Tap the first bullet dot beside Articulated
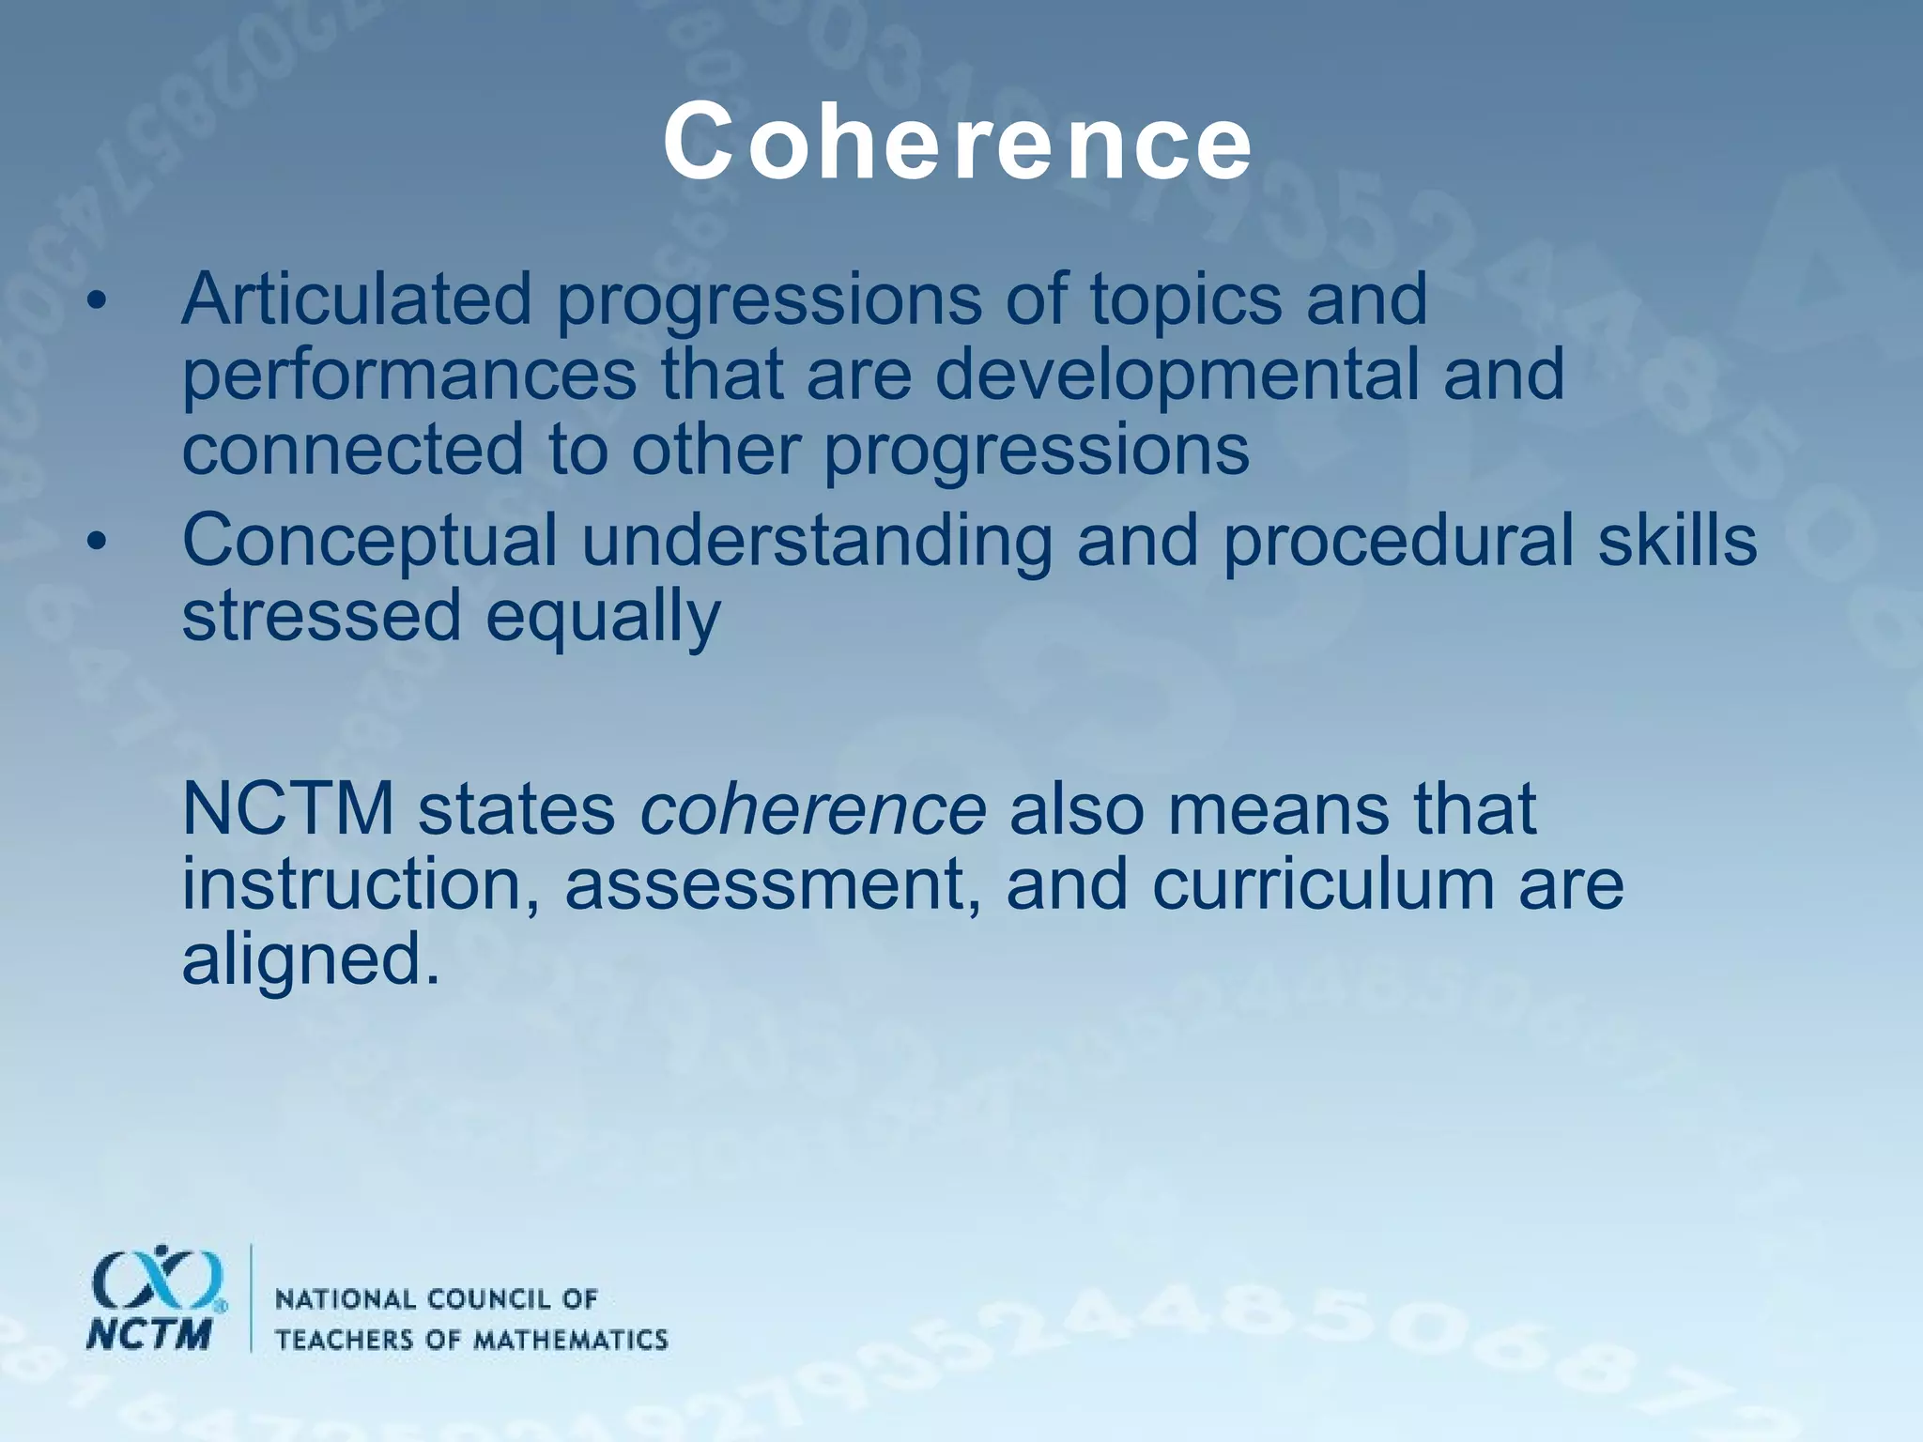(x=96, y=302)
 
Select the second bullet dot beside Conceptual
(x=96, y=543)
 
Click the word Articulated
(x=357, y=299)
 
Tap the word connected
(x=352, y=449)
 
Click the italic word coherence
(x=812, y=809)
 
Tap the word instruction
(x=362, y=884)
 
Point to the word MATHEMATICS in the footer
(x=569, y=1339)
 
